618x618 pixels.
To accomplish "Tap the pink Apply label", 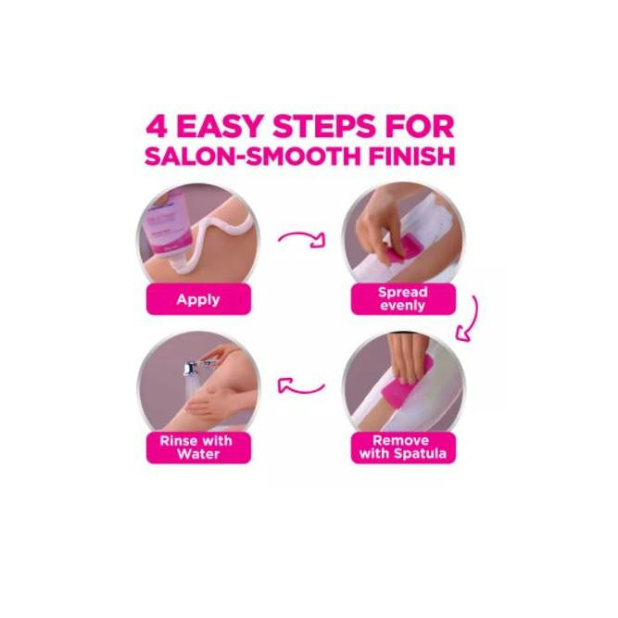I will click(198, 299).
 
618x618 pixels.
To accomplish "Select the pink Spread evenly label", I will click(403, 298).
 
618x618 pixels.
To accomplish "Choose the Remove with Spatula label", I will click(403, 448).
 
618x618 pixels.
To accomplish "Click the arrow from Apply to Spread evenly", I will click(303, 239).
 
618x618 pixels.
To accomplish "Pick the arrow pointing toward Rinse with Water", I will click(302, 386).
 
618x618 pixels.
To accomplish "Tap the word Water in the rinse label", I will click(198, 454).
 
